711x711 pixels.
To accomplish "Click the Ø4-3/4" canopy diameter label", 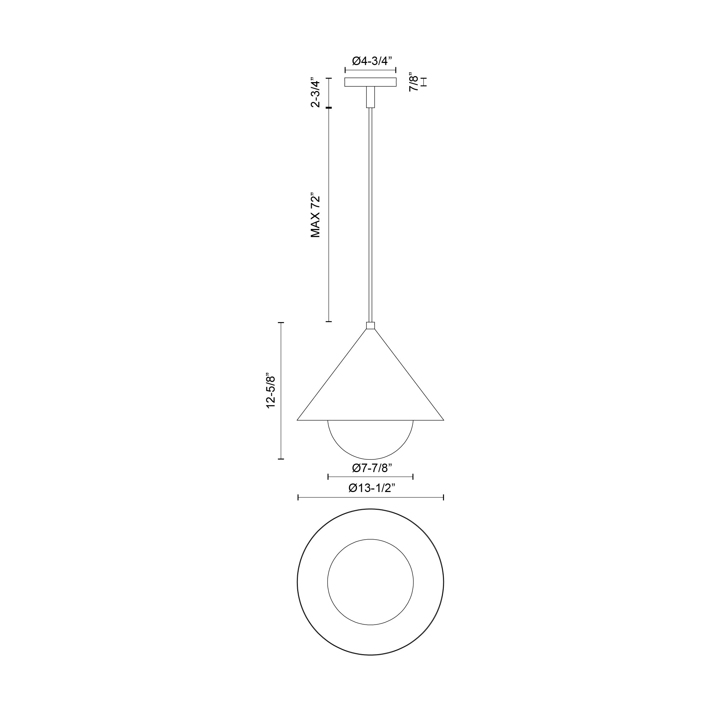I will (x=370, y=61).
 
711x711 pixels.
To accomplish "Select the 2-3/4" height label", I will (x=315, y=92).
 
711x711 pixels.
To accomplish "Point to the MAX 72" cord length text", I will (x=315, y=215).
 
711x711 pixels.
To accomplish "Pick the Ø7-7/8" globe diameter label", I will (x=370, y=468).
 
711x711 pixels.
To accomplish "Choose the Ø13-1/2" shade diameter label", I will (x=370, y=488).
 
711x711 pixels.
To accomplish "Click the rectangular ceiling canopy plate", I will (x=370, y=82).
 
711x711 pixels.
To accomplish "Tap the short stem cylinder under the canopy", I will (x=370, y=97).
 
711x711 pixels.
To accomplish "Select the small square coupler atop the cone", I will (x=370, y=325).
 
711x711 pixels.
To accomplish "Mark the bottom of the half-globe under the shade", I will (x=370, y=459).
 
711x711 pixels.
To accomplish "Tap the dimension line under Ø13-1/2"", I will (x=370, y=498).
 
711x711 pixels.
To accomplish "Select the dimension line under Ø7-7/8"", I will (x=370, y=477).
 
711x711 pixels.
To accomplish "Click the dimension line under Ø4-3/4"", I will (x=370, y=70).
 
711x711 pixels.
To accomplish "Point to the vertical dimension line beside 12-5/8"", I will (x=281, y=391).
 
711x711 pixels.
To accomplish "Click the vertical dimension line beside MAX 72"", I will (x=328, y=215).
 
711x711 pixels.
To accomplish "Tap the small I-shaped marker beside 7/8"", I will (x=424, y=82).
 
